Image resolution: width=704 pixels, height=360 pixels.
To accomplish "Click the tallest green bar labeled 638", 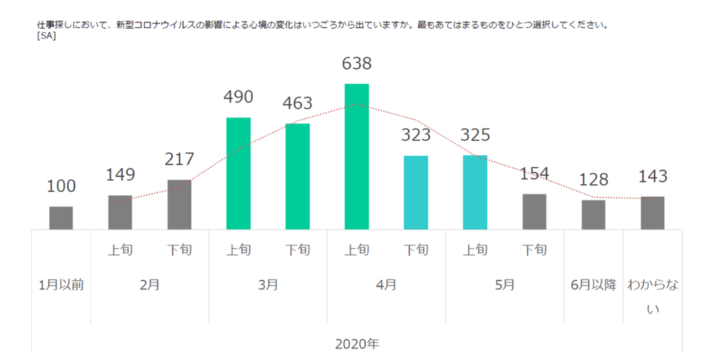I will (357, 157).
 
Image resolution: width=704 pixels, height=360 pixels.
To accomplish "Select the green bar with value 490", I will (239, 173).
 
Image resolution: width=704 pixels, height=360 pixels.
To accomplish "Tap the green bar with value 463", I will (298, 176).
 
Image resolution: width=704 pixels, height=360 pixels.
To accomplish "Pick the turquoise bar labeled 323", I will (416, 192).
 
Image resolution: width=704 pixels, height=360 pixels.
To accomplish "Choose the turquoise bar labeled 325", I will (475, 192).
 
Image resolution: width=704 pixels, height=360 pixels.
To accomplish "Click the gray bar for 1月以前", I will (61, 218).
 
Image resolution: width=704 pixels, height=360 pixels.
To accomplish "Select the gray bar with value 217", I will (179, 205).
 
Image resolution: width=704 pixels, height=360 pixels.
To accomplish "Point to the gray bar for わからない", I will (652, 213).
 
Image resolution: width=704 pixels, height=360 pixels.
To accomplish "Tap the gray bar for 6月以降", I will (593, 214).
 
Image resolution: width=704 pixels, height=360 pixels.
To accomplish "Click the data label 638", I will (357, 64).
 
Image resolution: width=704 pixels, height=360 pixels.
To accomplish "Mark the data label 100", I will (61, 186).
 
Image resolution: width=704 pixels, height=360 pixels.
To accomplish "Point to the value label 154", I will (534, 173).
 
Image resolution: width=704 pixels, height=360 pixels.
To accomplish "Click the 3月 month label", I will (268, 284).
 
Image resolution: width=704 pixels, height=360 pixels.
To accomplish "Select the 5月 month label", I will (505, 284).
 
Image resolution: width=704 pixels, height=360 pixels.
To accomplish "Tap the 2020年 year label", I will (357, 344).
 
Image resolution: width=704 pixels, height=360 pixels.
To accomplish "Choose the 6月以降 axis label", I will (593, 284).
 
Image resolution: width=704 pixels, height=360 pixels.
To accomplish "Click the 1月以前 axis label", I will (61, 284).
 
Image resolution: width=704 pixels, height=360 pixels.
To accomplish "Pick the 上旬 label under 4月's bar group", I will (357, 249).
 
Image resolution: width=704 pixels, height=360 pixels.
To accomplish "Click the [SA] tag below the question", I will (47, 36).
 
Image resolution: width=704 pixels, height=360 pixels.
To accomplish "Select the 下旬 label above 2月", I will (179, 249).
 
